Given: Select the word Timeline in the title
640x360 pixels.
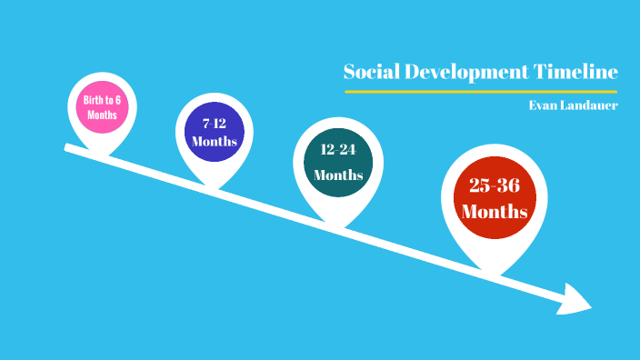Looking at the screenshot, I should pyautogui.click(x=578, y=72).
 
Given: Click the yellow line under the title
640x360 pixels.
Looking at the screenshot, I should pyautogui.click(x=481, y=92).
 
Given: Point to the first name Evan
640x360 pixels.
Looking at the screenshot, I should pyautogui.click(x=544, y=105).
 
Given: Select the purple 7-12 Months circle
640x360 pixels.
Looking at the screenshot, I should pyautogui.click(x=215, y=132).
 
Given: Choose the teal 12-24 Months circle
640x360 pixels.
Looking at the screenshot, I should pyautogui.click(x=338, y=161).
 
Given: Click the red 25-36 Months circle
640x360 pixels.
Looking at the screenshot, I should pyautogui.click(x=495, y=198).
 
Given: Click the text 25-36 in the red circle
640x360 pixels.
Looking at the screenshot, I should pyautogui.click(x=494, y=185).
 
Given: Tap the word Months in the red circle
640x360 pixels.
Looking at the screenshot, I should pyautogui.click(x=495, y=212).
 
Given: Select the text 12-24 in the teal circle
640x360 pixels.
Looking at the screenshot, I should pyautogui.click(x=338, y=148).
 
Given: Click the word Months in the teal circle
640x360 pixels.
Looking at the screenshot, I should pyautogui.click(x=338, y=175).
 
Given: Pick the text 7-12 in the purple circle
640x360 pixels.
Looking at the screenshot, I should pyautogui.click(x=215, y=121).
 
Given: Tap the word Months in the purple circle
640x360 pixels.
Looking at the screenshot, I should pyautogui.click(x=215, y=142).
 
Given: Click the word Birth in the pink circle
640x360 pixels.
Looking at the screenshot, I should pyautogui.click(x=88, y=99).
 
